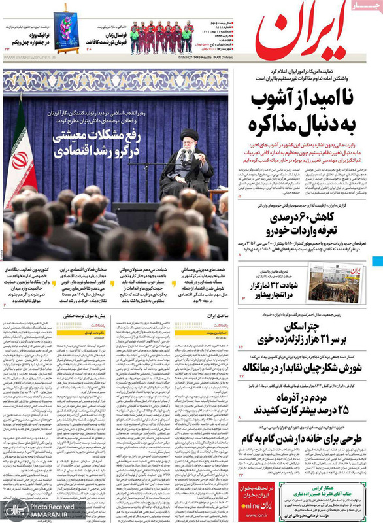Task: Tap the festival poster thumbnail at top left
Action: (x=67, y=29)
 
